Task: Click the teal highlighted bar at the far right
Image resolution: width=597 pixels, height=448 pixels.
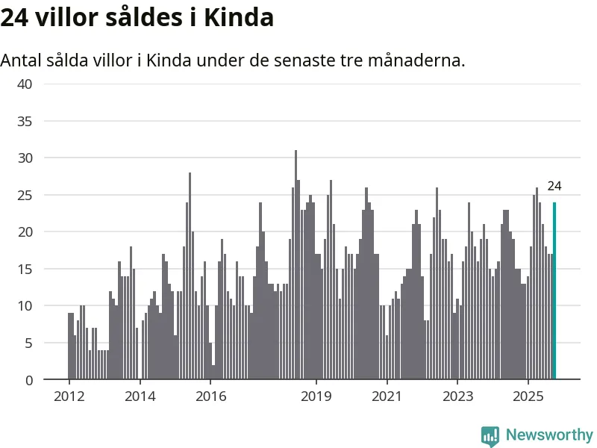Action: coord(554,291)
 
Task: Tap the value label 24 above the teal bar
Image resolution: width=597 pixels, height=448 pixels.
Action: coord(554,187)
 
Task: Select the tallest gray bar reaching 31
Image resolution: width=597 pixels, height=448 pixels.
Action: coord(296,265)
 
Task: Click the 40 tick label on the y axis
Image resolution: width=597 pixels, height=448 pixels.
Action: coord(25,84)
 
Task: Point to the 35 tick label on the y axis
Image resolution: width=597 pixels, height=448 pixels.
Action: coord(25,121)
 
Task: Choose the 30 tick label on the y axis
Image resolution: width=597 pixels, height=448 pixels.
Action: coord(25,158)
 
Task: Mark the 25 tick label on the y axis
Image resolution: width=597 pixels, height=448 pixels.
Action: coord(25,195)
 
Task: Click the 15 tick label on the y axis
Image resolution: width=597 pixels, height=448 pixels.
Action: coord(25,269)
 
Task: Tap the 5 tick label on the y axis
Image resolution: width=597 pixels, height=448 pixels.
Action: coord(28,343)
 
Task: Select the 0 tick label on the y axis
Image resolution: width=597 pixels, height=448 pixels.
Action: coord(28,380)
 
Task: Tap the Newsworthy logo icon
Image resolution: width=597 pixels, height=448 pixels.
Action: coord(490,435)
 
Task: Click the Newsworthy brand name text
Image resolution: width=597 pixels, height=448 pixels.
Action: coord(548,435)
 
